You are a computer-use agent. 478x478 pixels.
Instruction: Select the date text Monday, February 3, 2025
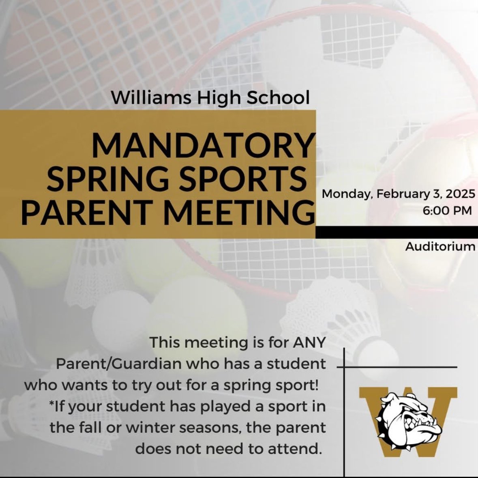398,194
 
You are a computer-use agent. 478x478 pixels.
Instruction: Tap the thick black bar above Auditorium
397,233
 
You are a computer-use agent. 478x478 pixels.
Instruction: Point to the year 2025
460,194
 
